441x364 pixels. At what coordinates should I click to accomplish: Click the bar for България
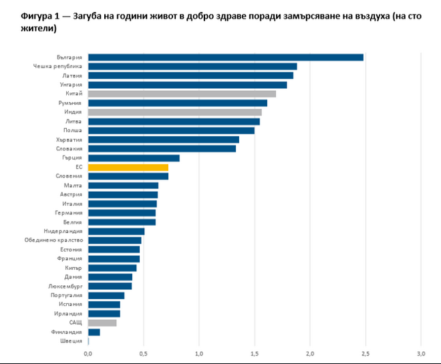click(x=225, y=57)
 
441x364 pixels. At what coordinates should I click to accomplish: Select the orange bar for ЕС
click(x=128, y=167)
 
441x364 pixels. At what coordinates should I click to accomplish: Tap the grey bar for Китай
click(x=182, y=94)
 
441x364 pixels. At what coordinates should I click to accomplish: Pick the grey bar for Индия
click(x=175, y=112)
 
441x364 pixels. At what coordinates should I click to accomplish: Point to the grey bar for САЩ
click(x=102, y=323)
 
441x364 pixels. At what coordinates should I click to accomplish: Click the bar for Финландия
click(x=94, y=332)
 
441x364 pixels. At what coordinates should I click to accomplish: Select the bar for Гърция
click(x=134, y=158)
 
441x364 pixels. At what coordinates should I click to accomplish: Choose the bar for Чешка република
click(x=192, y=67)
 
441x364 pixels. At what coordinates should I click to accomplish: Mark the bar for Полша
click(x=171, y=130)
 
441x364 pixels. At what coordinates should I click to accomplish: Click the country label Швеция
click(x=72, y=341)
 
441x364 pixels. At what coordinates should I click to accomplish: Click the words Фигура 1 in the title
click(x=25, y=16)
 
